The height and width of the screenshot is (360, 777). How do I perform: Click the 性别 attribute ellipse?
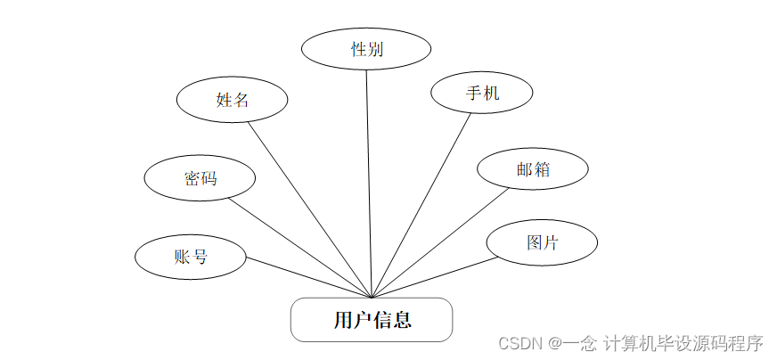[x=366, y=49]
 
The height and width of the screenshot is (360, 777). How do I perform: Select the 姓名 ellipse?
[x=233, y=99]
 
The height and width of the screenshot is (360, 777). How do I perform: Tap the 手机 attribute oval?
[x=482, y=92]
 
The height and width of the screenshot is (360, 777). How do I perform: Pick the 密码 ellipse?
[x=200, y=177]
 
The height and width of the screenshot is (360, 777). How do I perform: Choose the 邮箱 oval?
[x=533, y=169]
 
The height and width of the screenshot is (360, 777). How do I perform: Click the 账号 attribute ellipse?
[x=190, y=257]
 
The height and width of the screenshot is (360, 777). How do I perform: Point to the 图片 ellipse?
[x=542, y=241]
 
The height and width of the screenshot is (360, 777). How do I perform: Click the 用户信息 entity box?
[x=372, y=319]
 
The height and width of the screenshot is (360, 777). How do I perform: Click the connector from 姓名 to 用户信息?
[x=308, y=209]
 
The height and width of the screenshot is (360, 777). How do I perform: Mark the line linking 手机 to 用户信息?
[x=421, y=204]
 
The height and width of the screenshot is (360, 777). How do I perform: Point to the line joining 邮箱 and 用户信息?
[x=440, y=242]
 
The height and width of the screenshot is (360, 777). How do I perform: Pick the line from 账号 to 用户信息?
[x=307, y=277]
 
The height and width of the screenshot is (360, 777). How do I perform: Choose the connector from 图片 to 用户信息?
[x=434, y=278]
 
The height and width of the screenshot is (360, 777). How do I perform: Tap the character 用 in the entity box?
[x=343, y=319]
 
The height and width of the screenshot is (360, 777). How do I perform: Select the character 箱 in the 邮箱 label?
[x=542, y=169]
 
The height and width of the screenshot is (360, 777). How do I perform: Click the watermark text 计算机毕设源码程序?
[x=683, y=342]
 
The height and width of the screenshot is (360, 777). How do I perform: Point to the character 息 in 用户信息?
[x=401, y=319]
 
